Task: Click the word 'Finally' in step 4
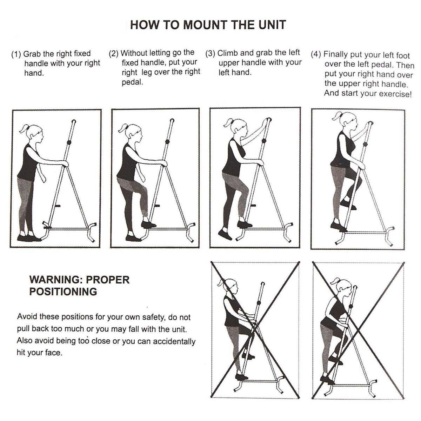(x=336, y=55)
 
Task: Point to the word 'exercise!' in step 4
(x=394, y=94)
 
